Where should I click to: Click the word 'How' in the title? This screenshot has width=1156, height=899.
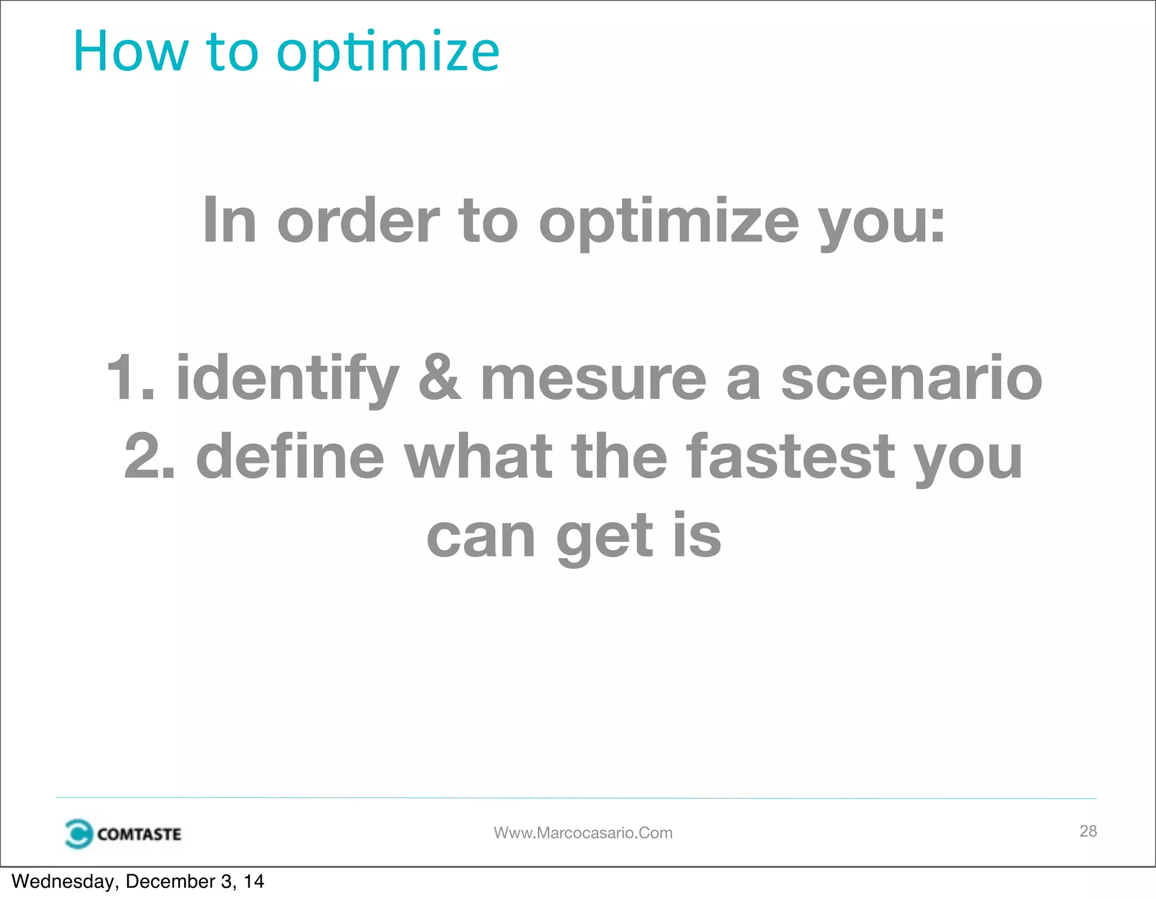click(130, 52)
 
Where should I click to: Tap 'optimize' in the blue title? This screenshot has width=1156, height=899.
click(388, 54)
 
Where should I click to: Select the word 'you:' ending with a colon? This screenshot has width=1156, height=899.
click(882, 223)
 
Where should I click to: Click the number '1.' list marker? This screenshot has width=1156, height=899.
click(130, 378)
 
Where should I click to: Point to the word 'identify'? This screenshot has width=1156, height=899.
click(287, 379)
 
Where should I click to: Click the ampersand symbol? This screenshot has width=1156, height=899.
click(439, 378)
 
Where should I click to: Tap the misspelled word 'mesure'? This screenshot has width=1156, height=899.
click(593, 380)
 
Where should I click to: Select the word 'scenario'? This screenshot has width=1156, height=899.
click(911, 379)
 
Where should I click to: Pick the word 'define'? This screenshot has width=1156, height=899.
click(290, 457)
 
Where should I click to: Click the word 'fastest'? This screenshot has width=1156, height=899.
click(790, 457)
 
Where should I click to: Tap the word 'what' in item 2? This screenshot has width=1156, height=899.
click(478, 457)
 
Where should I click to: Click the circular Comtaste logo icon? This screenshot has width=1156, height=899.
click(78, 834)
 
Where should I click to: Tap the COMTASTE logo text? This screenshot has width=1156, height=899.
click(139, 834)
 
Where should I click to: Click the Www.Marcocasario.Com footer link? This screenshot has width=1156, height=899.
click(583, 833)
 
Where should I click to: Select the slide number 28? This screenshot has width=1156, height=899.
click(1088, 831)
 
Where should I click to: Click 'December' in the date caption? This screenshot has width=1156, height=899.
click(170, 882)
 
